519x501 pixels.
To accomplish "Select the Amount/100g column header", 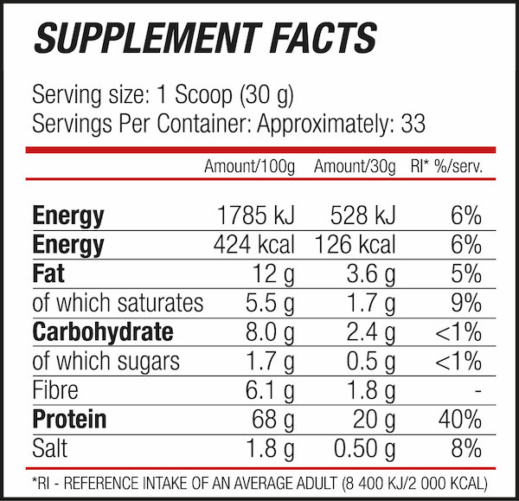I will (249, 165).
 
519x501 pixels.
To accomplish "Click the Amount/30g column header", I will (355, 165).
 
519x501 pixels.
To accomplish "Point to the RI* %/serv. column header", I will (445, 165).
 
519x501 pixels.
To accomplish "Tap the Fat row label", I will (48, 274).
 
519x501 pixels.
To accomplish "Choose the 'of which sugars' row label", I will (106, 362).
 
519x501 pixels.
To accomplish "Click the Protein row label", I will (69, 420).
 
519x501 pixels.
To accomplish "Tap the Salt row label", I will (51, 448).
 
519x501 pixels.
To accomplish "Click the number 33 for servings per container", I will (413, 124).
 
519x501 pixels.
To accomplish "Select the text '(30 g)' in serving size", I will (256, 94).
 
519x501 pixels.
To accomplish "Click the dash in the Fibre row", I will (477, 391).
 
